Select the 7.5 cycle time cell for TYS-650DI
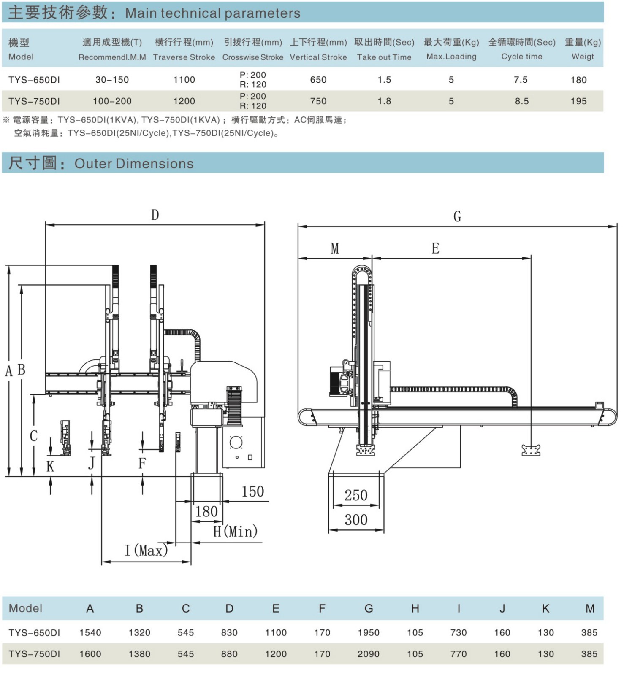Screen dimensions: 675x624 (x=521, y=80)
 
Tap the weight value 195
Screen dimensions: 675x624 (x=578, y=101)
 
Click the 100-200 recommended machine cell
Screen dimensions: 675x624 (x=112, y=101)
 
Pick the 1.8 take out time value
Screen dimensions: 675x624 (x=384, y=101)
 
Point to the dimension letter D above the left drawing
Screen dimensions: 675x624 (x=155, y=215)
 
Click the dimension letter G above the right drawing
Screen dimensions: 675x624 (x=457, y=216)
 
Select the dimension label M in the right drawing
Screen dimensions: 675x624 (x=335, y=248)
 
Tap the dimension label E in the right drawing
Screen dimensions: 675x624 (x=435, y=248)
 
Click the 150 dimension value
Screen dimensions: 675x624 (x=252, y=491)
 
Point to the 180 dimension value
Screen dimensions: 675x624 (x=206, y=512)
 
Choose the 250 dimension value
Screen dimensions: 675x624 (x=356, y=495)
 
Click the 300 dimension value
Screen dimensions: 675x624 (x=356, y=520)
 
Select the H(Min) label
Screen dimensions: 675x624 (x=235, y=531)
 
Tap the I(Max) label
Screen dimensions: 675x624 (x=146, y=551)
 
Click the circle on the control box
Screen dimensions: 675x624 (x=236, y=443)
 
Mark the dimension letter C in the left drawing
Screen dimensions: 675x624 (x=34, y=436)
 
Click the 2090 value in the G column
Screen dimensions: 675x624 (x=368, y=654)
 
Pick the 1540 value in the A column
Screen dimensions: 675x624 (x=90, y=632)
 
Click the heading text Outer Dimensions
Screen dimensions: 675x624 (x=134, y=164)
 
